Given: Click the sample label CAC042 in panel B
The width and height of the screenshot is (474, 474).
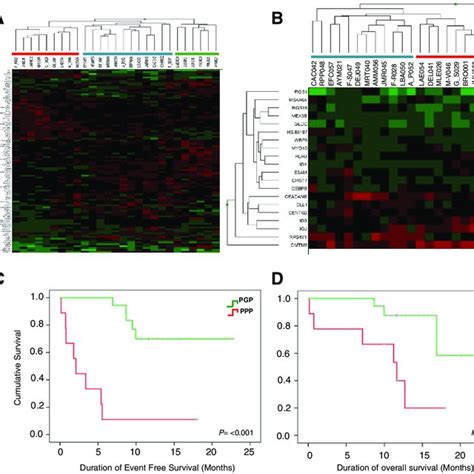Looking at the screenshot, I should pyautogui.click(x=318, y=73).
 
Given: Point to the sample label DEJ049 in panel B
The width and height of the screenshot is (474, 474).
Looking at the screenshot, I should pyautogui.click(x=349, y=73).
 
